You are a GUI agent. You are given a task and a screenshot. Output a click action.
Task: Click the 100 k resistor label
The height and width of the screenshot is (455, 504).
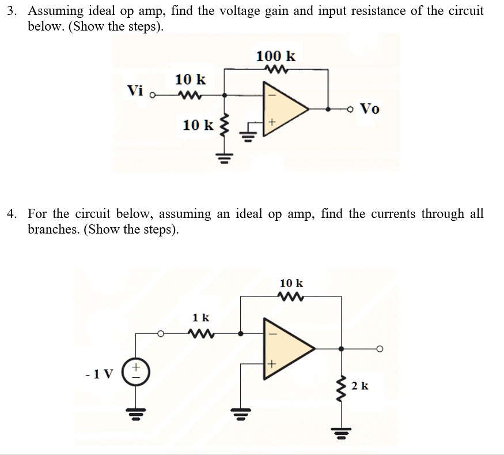tap(276, 56)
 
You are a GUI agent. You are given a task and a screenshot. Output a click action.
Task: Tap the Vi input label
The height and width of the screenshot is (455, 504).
tap(135, 91)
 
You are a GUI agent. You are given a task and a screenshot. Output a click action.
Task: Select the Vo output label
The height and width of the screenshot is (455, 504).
tap(369, 108)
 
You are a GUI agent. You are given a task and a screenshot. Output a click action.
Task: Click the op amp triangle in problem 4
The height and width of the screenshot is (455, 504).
tap(286, 348)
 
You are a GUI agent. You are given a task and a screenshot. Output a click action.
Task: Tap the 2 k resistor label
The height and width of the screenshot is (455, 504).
tap(360, 385)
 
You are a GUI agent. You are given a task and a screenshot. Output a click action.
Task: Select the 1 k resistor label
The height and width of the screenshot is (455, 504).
tap(201, 317)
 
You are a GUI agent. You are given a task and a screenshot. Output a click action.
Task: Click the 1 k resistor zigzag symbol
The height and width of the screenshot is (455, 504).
tap(201, 333)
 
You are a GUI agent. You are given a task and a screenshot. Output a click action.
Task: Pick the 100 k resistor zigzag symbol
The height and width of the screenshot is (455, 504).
tap(275, 70)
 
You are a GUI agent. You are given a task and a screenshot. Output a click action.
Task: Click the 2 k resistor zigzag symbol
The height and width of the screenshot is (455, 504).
tap(342, 385)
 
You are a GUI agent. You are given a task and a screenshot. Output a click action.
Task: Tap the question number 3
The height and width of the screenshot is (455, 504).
tap(10, 11)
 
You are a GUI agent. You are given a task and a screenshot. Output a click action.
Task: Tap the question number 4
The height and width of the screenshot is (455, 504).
tap(10, 214)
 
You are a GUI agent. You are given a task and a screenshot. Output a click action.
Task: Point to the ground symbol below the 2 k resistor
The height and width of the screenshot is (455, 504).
tap(342, 431)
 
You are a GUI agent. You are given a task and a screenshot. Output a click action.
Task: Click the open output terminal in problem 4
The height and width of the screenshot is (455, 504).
tap(379, 349)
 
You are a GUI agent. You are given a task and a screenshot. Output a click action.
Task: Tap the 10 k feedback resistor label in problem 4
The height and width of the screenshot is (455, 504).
tap(291, 283)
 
